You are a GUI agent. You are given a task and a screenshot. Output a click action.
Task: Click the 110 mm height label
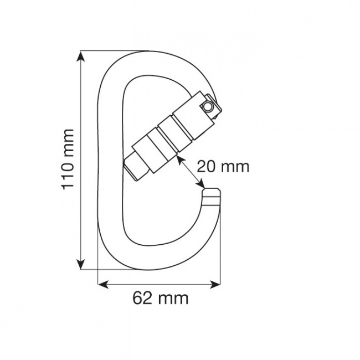tap(67, 159)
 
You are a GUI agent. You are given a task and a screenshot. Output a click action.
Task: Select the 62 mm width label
tap(161, 298)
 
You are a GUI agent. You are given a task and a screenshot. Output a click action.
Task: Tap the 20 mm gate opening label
tap(223, 166)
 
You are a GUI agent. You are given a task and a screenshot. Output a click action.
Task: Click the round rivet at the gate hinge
tap(207, 105)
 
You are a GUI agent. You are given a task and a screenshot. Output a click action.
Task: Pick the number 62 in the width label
tap(142, 298)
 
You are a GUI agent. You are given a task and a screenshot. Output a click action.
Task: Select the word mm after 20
tap(235, 166)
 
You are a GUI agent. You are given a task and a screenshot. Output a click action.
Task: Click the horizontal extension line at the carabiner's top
tap(102, 51)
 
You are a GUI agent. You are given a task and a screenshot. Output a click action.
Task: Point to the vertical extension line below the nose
tap(220, 244)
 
